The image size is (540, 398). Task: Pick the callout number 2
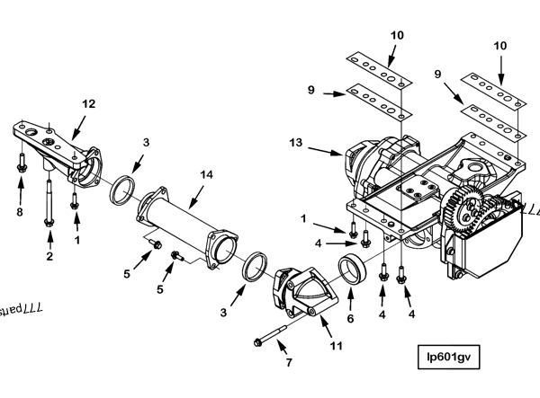49,256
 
